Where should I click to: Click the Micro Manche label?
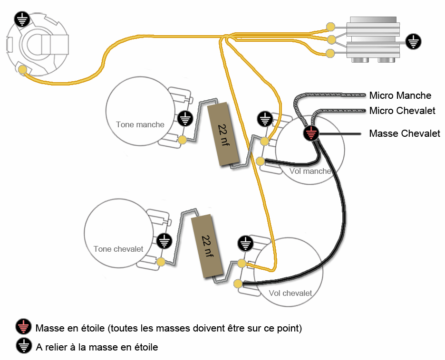[x=400, y=96]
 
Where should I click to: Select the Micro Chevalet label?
[x=402, y=111]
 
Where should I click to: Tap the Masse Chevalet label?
[x=404, y=134]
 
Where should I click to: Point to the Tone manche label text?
[x=140, y=125]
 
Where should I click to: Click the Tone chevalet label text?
[x=118, y=249]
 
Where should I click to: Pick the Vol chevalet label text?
[x=290, y=293]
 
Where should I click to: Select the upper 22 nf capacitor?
[x=223, y=134]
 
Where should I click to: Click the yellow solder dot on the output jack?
[x=22, y=70]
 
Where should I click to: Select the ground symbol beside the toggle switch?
[x=413, y=41]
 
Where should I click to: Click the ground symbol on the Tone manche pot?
[x=185, y=118]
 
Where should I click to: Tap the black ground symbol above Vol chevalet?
[x=245, y=244]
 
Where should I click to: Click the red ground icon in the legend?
[x=23, y=327]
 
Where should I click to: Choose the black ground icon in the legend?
[x=23, y=346]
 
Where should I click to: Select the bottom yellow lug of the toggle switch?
[x=329, y=53]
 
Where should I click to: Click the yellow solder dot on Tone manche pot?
[x=182, y=140]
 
